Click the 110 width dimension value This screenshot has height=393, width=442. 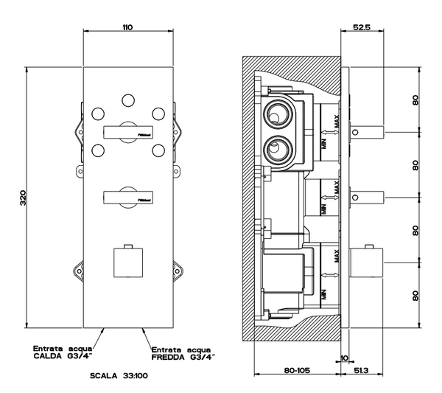pyautogui.click(x=127, y=27)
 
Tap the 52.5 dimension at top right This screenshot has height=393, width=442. pyautogui.click(x=360, y=27)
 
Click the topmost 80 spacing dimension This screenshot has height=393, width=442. pyautogui.click(x=416, y=100)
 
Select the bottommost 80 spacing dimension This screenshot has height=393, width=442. pyautogui.click(x=416, y=296)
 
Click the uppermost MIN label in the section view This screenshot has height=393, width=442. pyautogui.click(x=323, y=142)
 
